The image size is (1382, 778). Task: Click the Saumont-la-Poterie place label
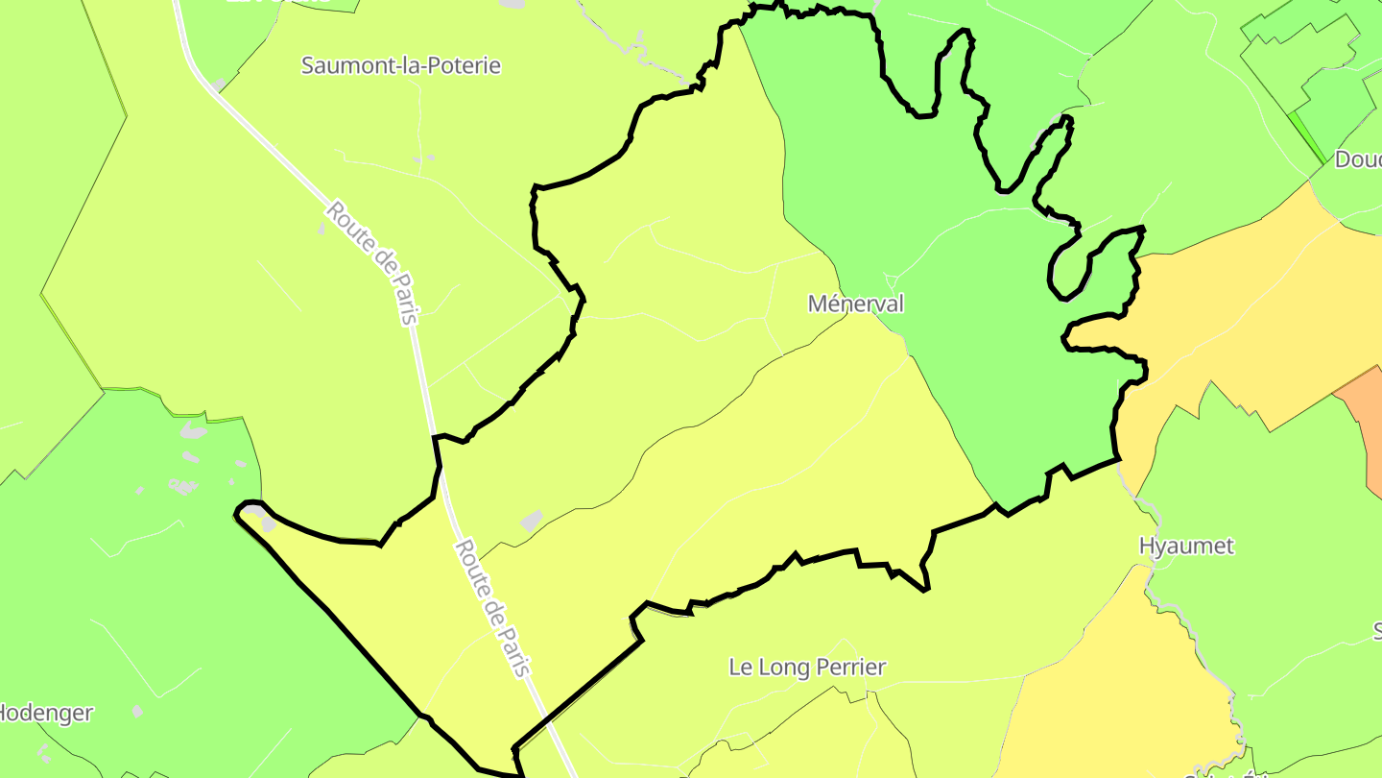tap(400, 65)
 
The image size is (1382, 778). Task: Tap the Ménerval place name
tap(855, 304)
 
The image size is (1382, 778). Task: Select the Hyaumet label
tap(1186, 546)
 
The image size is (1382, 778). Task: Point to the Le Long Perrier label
tap(807, 667)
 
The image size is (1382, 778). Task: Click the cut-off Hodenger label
tap(46, 713)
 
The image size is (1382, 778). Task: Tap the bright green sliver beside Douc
tap(1306, 134)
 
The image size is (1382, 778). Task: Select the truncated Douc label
tap(1358, 159)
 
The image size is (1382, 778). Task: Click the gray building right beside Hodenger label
tap(138, 711)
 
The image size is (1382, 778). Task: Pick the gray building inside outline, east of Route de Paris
tap(531, 521)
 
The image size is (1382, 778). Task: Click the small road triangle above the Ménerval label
tap(891, 281)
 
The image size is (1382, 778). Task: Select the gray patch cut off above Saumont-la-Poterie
tap(512, 4)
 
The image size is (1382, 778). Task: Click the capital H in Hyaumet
tap(1147, 546)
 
